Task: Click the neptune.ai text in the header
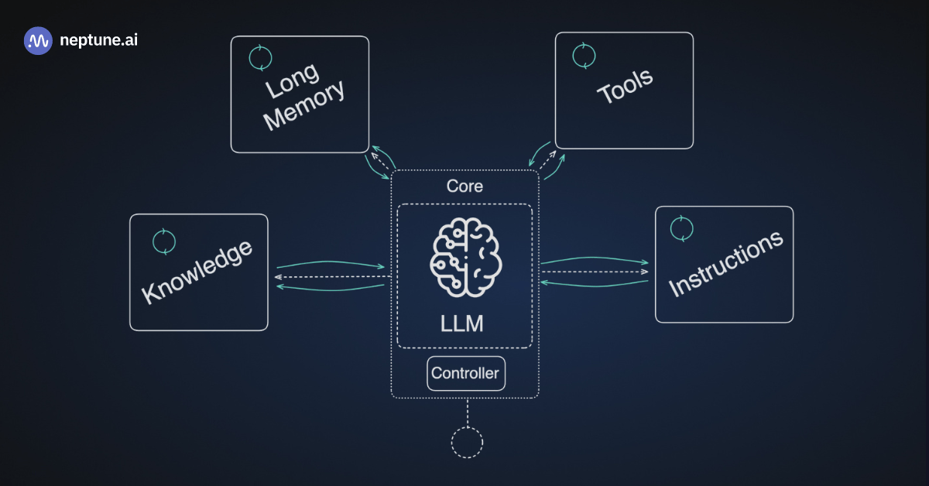point(98,40)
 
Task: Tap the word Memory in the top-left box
point(304,106)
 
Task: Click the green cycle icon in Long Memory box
point(260,57)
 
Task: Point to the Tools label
point(625,86)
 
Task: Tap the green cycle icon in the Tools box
point(584,54)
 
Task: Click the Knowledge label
point(197,272)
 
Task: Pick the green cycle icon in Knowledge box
point(164,241)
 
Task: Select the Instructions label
point(725,264)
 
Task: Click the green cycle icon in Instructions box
point(681,228)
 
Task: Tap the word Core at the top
point(464,187)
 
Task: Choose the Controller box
point(465,373)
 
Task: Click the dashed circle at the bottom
point(467,442)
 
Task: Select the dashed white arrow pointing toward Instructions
point(595,272)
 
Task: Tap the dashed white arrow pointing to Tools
point(547,161)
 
